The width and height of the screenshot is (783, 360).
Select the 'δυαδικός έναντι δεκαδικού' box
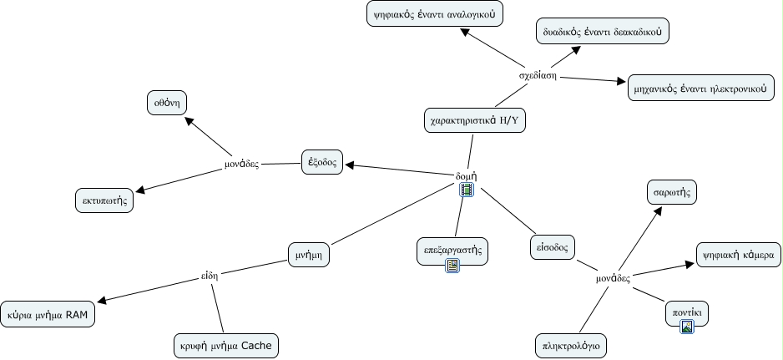coord(603,32)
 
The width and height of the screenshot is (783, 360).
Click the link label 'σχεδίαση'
coord(537,75)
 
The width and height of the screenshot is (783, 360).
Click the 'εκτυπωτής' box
coord(104,200)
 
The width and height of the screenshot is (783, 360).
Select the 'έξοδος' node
coord(322,162)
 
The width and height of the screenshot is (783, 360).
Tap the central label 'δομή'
coord(466,176)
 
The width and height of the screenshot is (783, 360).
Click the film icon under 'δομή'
coord(467,190)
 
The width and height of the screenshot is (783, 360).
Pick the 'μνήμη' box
coord(307,253)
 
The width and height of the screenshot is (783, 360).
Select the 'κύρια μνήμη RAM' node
coord(48,315)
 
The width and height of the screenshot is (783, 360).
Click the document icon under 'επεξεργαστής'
coord(452,266)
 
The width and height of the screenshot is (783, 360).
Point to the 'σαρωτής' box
coord(671,192)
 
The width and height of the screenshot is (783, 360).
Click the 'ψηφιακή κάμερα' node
coord(738,254)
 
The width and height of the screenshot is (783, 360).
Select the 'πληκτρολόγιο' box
coord(571,344)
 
